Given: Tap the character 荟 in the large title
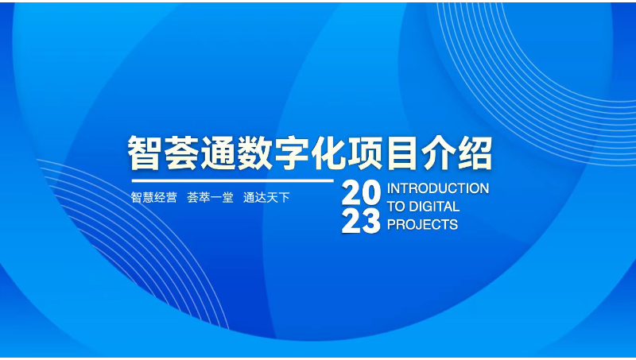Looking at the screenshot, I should [x=184, y=153].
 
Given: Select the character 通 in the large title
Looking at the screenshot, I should [x=222, y=153].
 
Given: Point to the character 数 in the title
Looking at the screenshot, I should [x=260, y=153].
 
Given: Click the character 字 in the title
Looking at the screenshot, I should [x=299, y=153].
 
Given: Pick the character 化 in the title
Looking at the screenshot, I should [x=337, y=153].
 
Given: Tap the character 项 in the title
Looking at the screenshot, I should [x=376, y=153].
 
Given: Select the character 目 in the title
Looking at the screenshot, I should [x=414, y=153].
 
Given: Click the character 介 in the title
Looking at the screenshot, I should [x=452, y=153].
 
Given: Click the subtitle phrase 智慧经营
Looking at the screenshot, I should [x=153, y=197].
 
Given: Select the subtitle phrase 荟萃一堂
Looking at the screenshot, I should [x=210, y=197].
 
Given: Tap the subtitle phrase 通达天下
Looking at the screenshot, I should [x=266, y=197].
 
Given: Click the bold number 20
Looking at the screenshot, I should [x=362, y=192].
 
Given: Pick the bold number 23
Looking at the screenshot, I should [x=362, y=223].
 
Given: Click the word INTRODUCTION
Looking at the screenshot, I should [x=437, y=188].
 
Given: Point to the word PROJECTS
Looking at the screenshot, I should [x=422, y=225].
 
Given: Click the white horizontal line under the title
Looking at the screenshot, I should [x=231, y=181].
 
